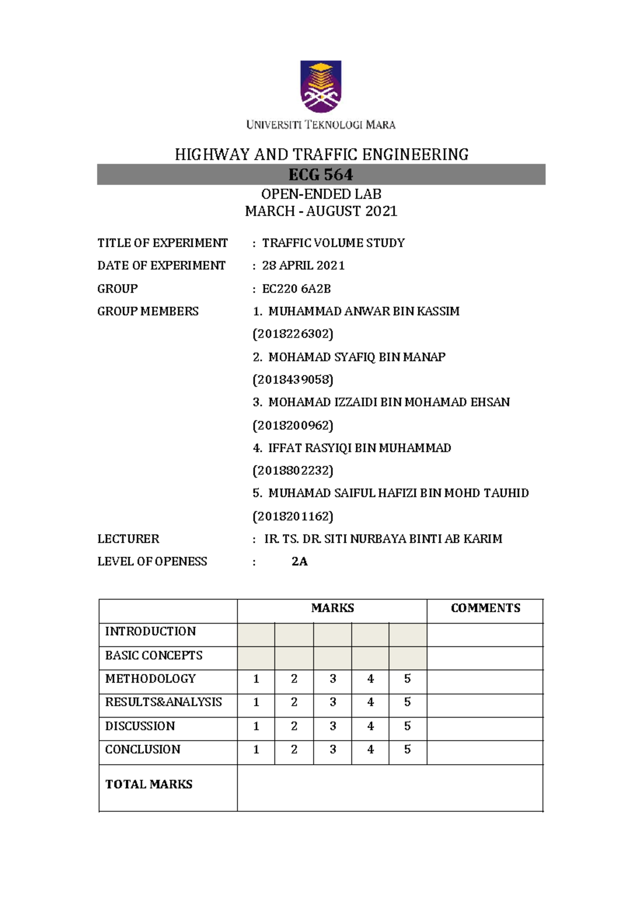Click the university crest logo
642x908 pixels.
point(320,87)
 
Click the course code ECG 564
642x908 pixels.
point(320,175)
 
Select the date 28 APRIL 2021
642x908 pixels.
point(303,266)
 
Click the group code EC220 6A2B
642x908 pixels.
point(296,289)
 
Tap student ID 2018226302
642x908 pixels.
point(293,334)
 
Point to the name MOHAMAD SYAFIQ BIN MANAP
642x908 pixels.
point(356,357)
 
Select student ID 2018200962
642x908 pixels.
point(293,426)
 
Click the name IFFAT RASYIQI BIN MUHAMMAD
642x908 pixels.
point(359,448)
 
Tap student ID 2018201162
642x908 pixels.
point(293,517)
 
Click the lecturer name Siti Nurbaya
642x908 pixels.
point(383,539)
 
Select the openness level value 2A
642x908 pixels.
point(299,561)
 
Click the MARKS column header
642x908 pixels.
point(332,608)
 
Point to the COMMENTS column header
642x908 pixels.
point(485,608)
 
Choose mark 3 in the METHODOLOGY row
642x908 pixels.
point(333,679)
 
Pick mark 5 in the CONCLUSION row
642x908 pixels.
point(407,750)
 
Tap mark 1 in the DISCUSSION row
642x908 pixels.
point(256,726)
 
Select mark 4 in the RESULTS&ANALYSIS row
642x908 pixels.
point(370,702)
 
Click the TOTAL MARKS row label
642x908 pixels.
point(149,784)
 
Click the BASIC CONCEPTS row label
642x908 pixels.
point(154,656)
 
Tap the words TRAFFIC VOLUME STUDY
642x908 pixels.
point(333,243)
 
